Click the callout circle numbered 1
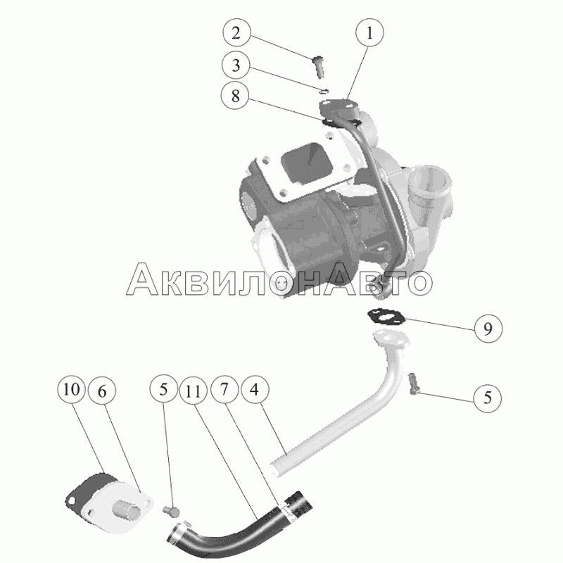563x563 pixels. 369,32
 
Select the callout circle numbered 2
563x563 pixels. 236,32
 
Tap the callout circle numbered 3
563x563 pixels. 236,65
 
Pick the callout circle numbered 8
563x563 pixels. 235,96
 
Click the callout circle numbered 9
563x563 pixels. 488,328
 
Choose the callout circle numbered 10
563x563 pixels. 71,389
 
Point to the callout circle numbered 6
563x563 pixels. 102,391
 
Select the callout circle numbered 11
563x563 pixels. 194,391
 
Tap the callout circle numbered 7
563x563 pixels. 224,389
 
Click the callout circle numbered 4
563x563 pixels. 255,389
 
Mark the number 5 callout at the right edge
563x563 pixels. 488,398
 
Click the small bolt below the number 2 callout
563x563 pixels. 319,66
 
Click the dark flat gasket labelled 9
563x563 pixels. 386,317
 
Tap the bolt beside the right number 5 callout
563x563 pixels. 414,384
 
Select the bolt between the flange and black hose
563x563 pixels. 171,511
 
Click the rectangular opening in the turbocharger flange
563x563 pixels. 308,163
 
